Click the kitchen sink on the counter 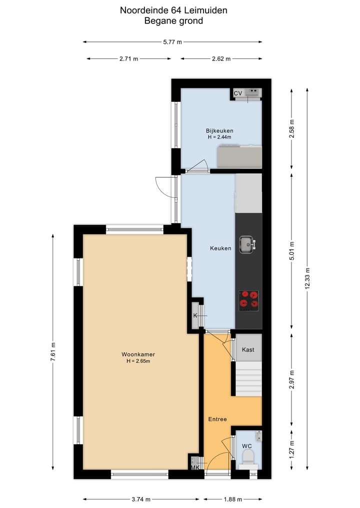(x=247, y=244)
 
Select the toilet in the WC (x=247, y=457)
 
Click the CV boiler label (x=238, y=93)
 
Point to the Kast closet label (x=248, y=350)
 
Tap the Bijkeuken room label (x=219, y=131)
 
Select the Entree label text (x=218, y=419)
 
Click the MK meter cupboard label (x=195, y=467)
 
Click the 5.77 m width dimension (x=172, y=42)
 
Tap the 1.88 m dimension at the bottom (x=232, y=499)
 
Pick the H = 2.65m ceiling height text (x=138, y=361)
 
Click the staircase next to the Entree (x=248, y=379)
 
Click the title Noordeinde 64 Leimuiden (x=173, y=9)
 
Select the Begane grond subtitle (x=173, y=20)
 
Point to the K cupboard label (x=195, y=316)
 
